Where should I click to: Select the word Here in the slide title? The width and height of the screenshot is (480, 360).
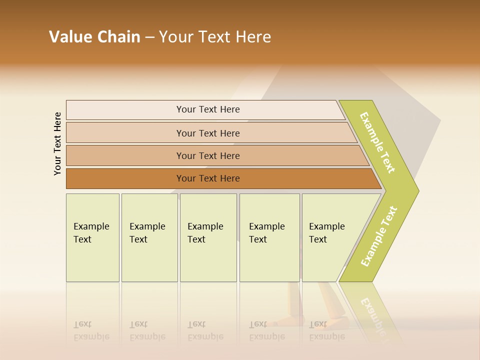pyautogui.click(x=253, y=37)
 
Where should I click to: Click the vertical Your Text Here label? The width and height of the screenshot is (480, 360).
pyautogui.click(x=57, y=143)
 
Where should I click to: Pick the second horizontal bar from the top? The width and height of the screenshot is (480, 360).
pyautogui.click(x=207, y=133)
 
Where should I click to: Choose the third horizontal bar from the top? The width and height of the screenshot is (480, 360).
pyautogui.click(x=207, y=155)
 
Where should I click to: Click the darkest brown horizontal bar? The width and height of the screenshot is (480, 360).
pyautogui.click(x=207, y=178)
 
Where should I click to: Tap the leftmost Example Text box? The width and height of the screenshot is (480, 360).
pyautogui.click(x=92, y=237)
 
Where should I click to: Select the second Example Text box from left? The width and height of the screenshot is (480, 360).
pyautogui.click(x=149, y=237)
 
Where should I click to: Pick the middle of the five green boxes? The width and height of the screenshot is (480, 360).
pyautogui.click(x=208, y=237)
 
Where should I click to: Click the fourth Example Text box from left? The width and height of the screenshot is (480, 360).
pyautogui.click(x=269, y=237)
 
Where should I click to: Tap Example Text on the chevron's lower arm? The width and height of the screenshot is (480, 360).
pyautogui.click(x=379, y=236)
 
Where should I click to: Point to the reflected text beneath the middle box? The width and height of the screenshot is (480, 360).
pyautogui.click(x=205, y=330)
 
